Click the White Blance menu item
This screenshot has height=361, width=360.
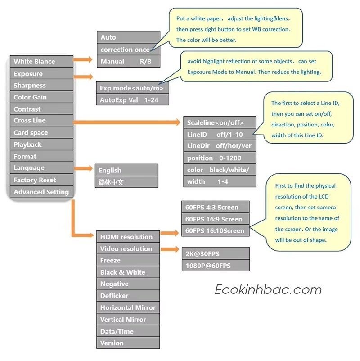(41, 62)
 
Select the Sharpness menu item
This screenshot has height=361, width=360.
(41, 86)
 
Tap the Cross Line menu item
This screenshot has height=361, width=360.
(41, 121)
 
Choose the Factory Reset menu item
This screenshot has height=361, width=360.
(41, 180)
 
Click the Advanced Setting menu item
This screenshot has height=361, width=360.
(41, 192)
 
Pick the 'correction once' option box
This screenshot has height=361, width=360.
(128, 50)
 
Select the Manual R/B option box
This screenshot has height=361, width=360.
(128, 61)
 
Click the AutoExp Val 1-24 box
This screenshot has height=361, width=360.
(132, 100)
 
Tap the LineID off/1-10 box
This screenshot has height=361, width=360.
(220, 134)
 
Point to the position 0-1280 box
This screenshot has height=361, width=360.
(220, 158)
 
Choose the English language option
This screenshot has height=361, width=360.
(127, 170)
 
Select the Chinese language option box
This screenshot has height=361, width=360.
(127, 182)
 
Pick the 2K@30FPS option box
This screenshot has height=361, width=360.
(215, 254)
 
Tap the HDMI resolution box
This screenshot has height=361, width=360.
(128, 237)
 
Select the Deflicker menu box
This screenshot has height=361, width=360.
(128, 296)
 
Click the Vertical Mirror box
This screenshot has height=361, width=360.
(128, 320)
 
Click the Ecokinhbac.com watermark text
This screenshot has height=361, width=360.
(268, 289)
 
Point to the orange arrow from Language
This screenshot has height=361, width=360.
(84, 168)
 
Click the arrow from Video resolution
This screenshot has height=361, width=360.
(170, 249)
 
